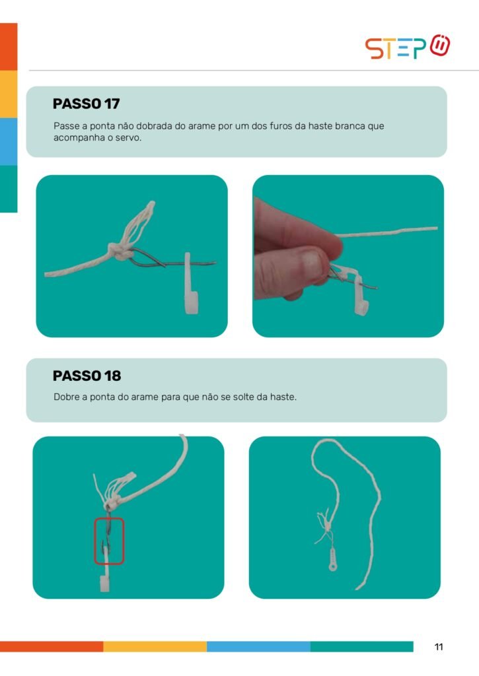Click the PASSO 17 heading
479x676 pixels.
(87, 104)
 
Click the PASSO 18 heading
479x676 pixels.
(87, 376)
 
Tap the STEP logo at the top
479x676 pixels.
(408, 47)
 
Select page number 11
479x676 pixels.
(439, 647)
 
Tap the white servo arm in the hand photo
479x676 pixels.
(359, 291)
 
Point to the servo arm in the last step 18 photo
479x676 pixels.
(332, 559)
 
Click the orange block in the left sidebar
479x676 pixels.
(9, 47)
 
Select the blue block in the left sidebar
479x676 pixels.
(9, 141)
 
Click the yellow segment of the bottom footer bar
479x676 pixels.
(155, 646)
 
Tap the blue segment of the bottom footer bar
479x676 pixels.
(258, 646)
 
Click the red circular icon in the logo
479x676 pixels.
(440, 45)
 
